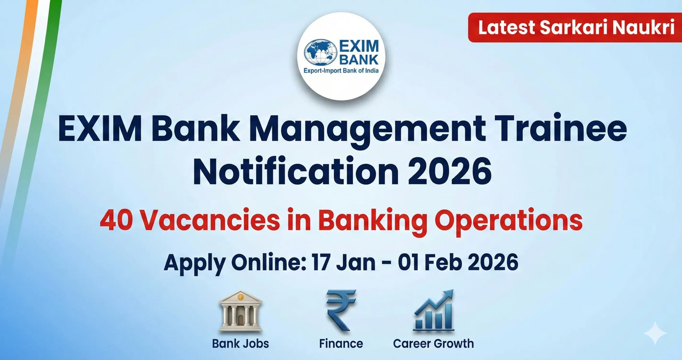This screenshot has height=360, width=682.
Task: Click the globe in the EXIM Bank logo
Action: [320, 53]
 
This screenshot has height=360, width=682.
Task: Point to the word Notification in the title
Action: [295, 171]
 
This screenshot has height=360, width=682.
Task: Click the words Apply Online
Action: [235, 263]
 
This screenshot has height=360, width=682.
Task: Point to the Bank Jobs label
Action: [240, 343]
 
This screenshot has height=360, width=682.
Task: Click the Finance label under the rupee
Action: [341, 343]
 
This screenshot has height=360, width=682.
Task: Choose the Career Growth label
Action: [433, 343]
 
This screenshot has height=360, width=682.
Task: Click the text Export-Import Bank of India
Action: [341, 71]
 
